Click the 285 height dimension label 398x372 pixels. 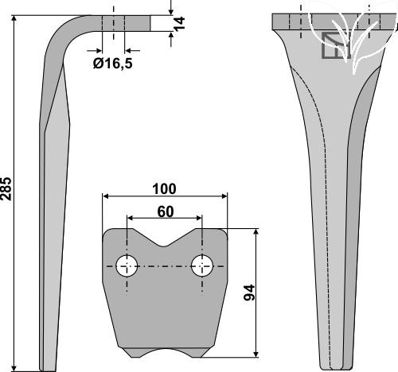click(6, 188)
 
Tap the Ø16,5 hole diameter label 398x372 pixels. click(112, 64)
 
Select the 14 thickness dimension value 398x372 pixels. click(180, 23)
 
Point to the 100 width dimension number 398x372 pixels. click(164, 189)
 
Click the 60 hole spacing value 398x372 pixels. click(166, 211)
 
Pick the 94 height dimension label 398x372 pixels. click(249, 293)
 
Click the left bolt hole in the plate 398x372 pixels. click(127, 265)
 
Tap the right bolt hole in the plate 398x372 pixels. click(202, 265)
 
